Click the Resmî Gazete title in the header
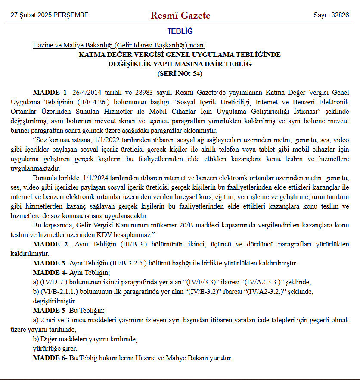pyautogui.click(x=180, y=16)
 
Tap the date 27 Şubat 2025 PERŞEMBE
pyautogui.click(x=50, y=15)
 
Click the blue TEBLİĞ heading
pyautogui.click(x=180, y=31)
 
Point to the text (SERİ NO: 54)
pyautogui.click(x=180, y=73)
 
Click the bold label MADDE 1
pyautogui.click(x=50, y=93)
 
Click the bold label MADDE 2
pyautogui.click(x=50, y=244)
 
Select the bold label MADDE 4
pyautogui.click(x=50, y=273)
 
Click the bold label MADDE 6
pyautogui.click(x=50, y=358)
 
